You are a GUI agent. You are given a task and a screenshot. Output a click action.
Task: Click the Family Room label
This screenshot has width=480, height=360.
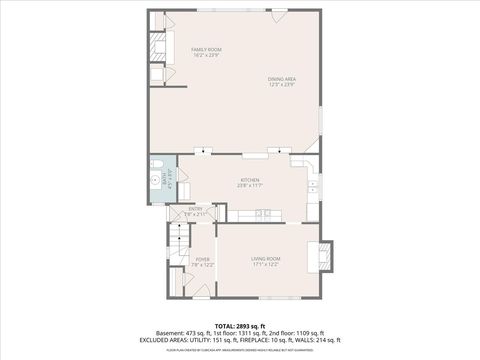click(206, 49)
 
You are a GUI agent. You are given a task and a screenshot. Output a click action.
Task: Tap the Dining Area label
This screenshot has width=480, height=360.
click(281, 79)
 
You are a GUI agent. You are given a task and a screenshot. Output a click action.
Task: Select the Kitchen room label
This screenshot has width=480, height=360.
click(249, 180)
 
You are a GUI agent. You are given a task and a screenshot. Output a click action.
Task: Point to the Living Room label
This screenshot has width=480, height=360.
click(266, 259)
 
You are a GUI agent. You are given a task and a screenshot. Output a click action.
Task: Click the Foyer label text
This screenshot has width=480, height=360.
click(202, 259)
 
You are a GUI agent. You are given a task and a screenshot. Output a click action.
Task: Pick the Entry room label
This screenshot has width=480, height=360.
click(195, 208)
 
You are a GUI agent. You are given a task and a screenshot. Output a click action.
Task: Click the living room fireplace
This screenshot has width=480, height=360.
click(325, 254)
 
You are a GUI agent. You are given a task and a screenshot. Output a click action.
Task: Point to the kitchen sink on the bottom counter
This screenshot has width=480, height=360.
click(262, 213)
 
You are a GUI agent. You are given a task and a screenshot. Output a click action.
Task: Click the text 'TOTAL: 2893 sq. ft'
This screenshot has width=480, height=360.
click(240, 326)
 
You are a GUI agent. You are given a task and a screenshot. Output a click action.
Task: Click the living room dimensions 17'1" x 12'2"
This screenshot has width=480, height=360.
click(266, 264)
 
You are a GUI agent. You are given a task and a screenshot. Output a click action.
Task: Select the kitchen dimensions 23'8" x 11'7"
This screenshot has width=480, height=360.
click(249, 185)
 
